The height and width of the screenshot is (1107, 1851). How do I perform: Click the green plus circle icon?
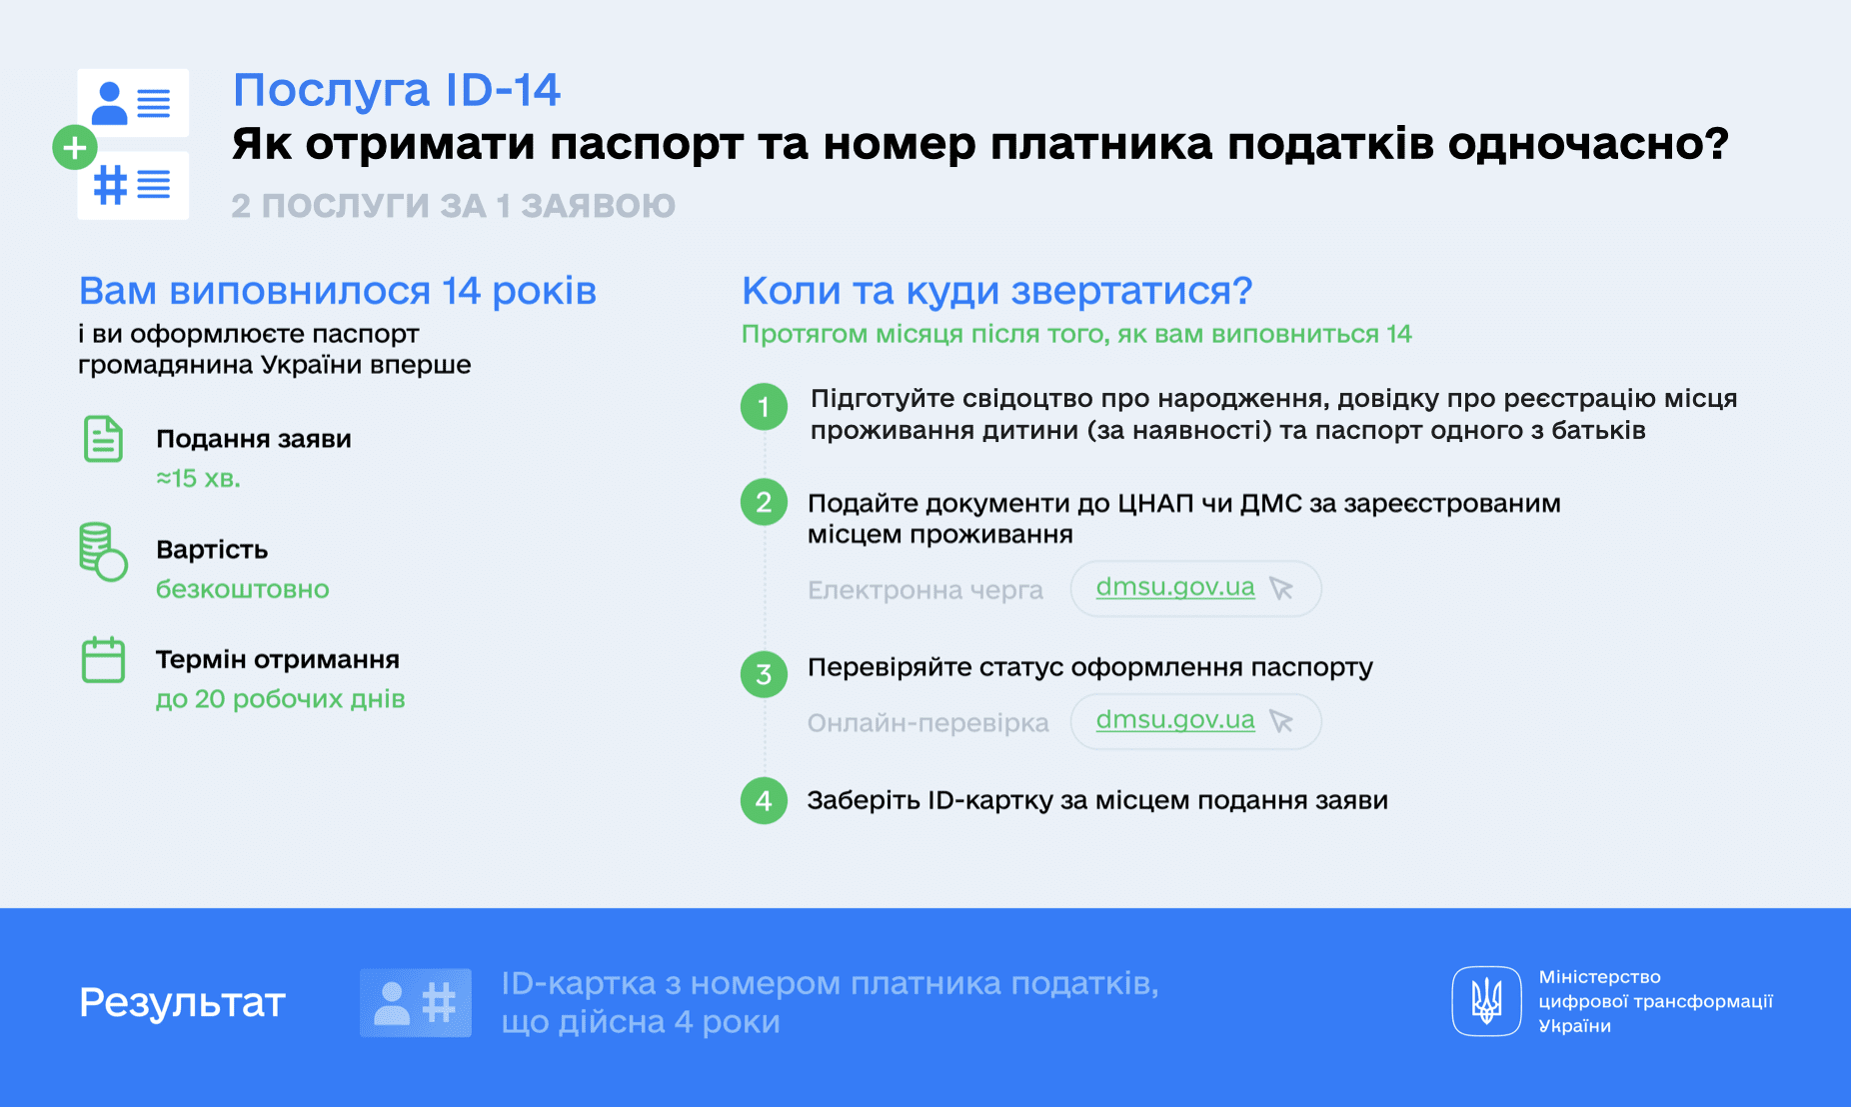[x=74, y=148]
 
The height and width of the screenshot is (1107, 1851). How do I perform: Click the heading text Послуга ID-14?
[x=397, y=90]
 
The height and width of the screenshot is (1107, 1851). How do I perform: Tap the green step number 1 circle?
[x=764, y=407]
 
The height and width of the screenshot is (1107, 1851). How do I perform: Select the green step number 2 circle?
[x=764, y=502]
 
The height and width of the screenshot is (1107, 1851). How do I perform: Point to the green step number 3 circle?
[x=764, y=674]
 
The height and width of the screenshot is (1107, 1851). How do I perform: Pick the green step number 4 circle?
[x=764, y=801]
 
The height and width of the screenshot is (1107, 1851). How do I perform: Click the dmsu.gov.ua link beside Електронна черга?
[x=1175, y=587]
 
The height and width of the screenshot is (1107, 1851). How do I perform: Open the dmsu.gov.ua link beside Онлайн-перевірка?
[x=1175, y=720]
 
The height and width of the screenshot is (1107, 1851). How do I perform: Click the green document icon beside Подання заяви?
[x=103, y=439]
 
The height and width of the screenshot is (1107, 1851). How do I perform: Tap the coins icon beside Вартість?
[x=103, y=551]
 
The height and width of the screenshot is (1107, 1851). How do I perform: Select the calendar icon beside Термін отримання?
[x=103, y=660]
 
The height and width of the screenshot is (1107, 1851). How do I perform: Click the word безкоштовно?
[x=243, y=589]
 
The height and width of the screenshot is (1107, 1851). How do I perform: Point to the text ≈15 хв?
[x=198, y=479]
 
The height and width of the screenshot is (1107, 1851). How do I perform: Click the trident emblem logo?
[x=1486, y=1001]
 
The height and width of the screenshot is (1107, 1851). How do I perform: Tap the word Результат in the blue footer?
[x=183, y=1002]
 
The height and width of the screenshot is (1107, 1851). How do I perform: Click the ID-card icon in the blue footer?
[x=416, y=1002]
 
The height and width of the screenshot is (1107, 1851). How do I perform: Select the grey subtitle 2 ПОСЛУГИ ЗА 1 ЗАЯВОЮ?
[x=454, y=206]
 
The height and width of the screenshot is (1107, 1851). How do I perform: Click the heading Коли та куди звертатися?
[x=996, y=291]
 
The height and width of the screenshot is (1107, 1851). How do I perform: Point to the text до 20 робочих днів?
[x=281, y=699]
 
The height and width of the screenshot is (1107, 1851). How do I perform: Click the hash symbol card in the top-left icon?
[x=133, y=185]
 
